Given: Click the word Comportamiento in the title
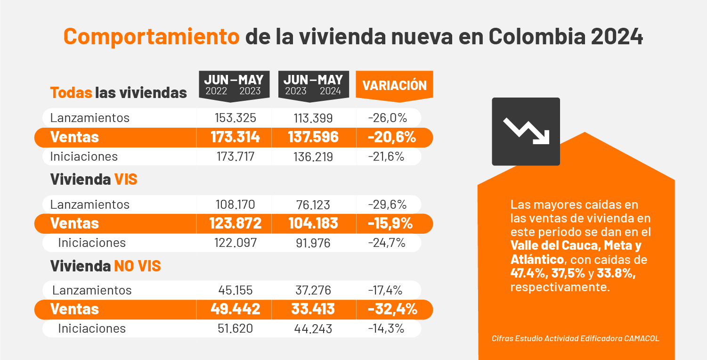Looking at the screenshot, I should [x=152, y=37].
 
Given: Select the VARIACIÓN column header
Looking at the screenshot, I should [x=394, y=85].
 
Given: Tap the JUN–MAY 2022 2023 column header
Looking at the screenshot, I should [x=234, y=85].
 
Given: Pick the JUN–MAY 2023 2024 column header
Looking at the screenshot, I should [x=313, y=85].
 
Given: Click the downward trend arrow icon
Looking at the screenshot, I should [x=526, y=131].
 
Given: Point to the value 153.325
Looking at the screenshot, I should [x=234, y=118].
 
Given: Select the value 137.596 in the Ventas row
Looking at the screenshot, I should [x=313, y=137].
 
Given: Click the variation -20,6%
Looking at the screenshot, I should [x=392, y=137].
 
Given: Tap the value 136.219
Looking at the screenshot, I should [x=313, y=156].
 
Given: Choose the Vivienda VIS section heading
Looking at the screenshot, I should [x=94, y=180].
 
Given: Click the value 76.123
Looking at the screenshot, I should [x=313, y=205].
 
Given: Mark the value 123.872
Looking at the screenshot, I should [x=235, y=223].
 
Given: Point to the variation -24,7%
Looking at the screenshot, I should [x=387, y=243].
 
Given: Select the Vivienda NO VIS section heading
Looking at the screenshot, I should [x=106, y=266].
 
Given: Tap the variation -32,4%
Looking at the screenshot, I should [x=392, y=309].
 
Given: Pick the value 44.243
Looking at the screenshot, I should [x=313, y=328].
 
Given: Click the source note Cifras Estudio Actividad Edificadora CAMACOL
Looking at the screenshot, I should [x=576, y=338].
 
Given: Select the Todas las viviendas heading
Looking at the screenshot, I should [x=118, y=93].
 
